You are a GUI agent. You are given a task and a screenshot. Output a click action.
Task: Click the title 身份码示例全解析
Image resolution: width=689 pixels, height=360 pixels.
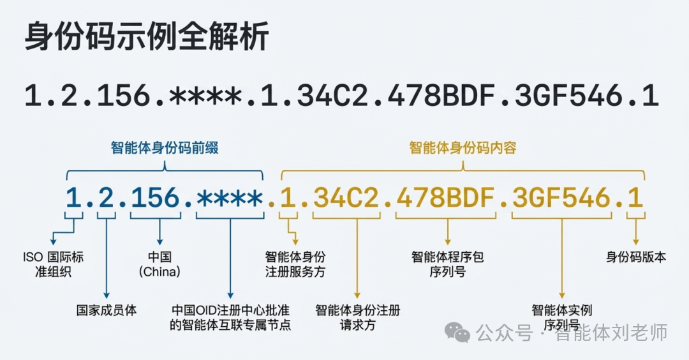146,38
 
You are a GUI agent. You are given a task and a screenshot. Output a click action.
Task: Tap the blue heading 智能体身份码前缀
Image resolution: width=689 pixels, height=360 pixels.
165,148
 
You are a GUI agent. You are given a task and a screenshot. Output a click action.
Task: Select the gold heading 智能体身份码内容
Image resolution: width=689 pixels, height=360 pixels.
463,148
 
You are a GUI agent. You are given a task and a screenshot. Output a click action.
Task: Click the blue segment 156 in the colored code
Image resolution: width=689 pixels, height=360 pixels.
155,199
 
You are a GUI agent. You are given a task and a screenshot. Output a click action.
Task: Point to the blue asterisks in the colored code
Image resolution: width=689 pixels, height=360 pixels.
230,199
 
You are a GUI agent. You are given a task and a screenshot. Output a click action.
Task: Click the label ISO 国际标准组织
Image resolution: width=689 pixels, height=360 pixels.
52,264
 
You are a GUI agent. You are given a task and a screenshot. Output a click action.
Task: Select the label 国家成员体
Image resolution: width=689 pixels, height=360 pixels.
107,311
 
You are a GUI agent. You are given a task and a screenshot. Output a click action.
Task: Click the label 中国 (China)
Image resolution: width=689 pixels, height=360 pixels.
159,264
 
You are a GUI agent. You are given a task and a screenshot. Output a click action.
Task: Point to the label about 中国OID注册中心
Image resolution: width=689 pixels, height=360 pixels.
231,317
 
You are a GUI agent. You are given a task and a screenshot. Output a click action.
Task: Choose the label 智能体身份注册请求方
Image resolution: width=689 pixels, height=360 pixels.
358,317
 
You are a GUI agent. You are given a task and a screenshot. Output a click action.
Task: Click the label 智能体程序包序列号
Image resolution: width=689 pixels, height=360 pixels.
448,264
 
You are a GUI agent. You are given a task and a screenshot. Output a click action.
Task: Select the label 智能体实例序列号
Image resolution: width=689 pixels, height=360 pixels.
561,317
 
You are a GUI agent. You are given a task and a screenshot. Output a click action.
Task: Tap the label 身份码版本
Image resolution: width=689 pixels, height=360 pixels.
635,257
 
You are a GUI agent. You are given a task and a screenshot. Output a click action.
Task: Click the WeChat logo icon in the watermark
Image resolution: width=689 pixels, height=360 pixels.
458,331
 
